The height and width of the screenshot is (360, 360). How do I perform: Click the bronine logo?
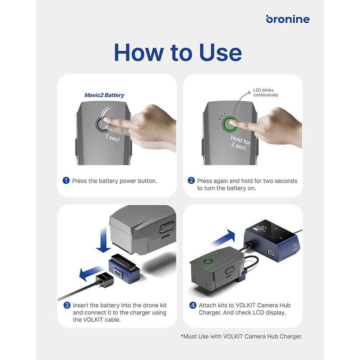click(x=288, y=19)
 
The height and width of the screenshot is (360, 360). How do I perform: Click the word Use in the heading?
click(x=220, y=53)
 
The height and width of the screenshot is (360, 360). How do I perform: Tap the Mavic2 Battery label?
click(x=104, y=95)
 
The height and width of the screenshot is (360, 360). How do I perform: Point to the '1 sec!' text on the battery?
click(x=113, y=138)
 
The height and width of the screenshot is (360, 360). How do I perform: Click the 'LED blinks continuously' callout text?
click(x=266, y=92)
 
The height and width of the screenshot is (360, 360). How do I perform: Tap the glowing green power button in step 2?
click(x=229, y=124)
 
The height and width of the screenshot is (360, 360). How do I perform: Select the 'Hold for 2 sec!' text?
click(x=240, y=142)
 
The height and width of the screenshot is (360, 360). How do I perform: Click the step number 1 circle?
click(x=66, y=181)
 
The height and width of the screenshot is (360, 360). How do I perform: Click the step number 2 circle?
click(x=191, y=181)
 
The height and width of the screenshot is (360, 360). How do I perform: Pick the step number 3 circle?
click(x=67, y=305)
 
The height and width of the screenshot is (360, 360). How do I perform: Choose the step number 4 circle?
click(x=193, y=305)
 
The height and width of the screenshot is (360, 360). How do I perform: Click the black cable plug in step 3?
click(x=104, y=280)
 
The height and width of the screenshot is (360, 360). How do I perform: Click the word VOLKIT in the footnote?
click(x=233, y=336)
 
